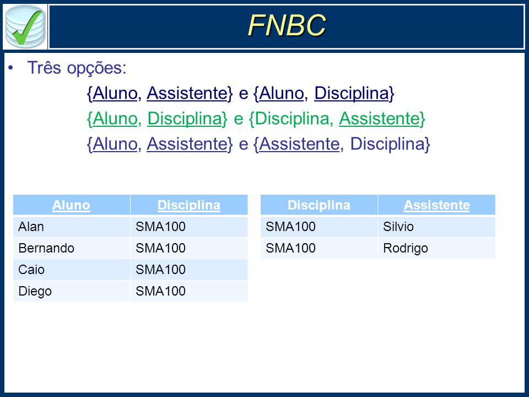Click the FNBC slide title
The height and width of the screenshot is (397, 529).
(x=287, y=25)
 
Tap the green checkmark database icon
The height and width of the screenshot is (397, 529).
(x=25, y=26)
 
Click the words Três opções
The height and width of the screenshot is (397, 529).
(x=77, y=68)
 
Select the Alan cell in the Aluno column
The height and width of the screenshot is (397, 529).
(x=31, y=227)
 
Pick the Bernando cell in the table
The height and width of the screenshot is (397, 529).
(x=46, y=248)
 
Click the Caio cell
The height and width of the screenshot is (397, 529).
(x=31, y=270)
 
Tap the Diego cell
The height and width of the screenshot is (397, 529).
(x=35, y=291)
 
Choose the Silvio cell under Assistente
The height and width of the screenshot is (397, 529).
(x=398, y=227)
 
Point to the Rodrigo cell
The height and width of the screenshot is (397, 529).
(x=406, y=249)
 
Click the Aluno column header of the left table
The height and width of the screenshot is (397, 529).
(x=71, y=205)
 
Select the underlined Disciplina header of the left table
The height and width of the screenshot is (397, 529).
(x=189, y=205)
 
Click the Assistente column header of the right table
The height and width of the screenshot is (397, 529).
(x=436, y=205)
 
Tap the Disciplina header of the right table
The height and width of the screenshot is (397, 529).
(x=319, y=205)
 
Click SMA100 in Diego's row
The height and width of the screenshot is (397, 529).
(x=160, y=291)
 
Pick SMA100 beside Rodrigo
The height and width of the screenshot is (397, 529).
(x=290, y=248)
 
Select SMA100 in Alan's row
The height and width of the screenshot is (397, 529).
(x=160, y=227)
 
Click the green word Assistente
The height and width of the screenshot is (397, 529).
(x=379, y=119)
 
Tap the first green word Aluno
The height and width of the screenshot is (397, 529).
(x=115, y=119)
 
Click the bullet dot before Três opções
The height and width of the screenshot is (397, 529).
(x=11, y=68)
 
